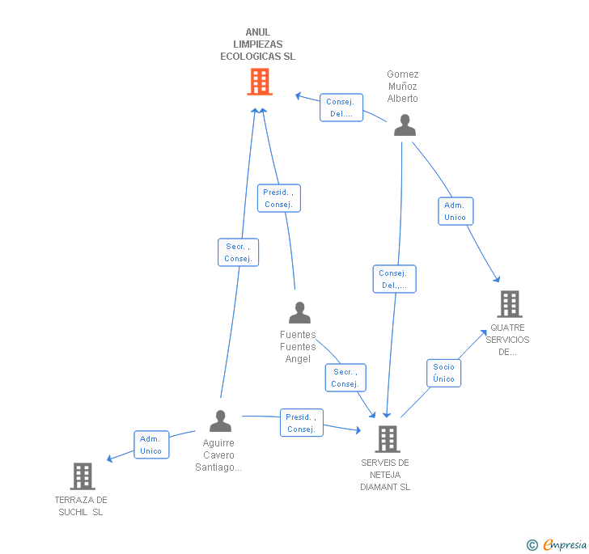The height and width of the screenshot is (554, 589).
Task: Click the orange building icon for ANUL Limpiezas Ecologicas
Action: coord(259,82)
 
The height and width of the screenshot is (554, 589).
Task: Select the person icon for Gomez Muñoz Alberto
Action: coord(405,125)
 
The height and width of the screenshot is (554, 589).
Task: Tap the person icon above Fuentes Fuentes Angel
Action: coord(299,313)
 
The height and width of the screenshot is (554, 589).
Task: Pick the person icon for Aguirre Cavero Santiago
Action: coord(220,421)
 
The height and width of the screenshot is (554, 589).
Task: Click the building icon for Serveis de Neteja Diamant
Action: coord(388,439)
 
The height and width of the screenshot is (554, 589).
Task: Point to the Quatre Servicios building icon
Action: coord(509,304)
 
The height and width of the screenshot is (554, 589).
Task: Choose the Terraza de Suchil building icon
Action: coord(83,476)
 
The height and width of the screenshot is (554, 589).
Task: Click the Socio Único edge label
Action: coord(443,373)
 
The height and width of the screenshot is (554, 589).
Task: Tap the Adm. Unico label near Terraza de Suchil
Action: coord(150,445)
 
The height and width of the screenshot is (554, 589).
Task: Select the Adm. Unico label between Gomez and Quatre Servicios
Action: coord(455,211)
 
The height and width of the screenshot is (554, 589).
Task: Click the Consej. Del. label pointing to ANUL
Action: coord(341,108)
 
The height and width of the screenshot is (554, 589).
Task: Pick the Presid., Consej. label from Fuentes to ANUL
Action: coord(278,198)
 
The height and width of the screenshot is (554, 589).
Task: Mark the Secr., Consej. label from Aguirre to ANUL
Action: coord(238,252)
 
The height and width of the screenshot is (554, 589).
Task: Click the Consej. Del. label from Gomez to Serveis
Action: coord(394,279)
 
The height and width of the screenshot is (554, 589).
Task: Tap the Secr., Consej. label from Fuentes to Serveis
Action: coord(345,378)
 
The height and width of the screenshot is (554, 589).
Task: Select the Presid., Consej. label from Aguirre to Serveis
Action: coord(301,423)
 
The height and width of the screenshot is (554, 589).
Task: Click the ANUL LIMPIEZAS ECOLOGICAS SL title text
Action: coord(257,44)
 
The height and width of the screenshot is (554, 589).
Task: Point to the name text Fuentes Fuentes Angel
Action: coord(298,347)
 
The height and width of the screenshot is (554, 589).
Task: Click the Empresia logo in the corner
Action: coord(564,544)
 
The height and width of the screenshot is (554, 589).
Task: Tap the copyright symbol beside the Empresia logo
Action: coord(532,545)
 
